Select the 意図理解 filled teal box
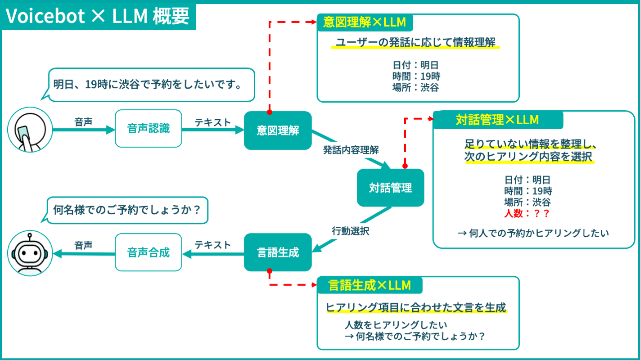coord(278,130)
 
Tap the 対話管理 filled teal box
coord(390,188)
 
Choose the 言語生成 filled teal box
coord(278,252)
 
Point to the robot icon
coord(30,253)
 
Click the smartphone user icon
coord(30,130)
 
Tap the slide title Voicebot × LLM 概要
coord(97,16)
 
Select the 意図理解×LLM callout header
coord(365,22)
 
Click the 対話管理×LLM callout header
coord(498,120)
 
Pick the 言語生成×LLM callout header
coord(370,285)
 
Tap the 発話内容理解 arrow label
coord(351,150)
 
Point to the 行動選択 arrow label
coord(351,231)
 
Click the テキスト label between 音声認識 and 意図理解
coord(212,122)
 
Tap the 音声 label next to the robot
coord(83,245)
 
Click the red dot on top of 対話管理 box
coord(405,166)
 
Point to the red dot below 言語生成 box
coord(270,271)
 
